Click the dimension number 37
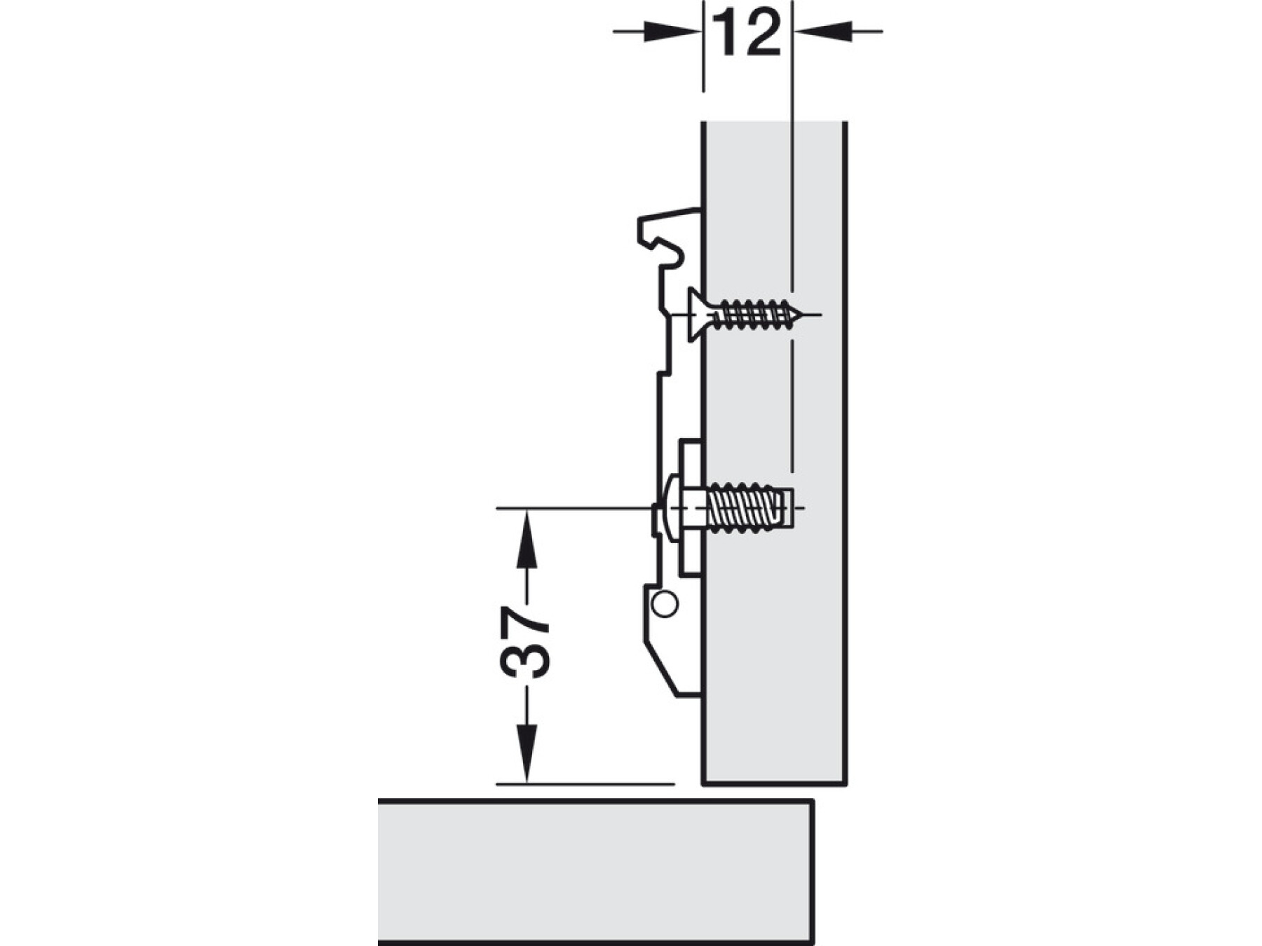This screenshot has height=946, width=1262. [x=524, y=642]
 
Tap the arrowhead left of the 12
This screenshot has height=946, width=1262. [x=673, y=32]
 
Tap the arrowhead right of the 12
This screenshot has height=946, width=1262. [x=822, y=32]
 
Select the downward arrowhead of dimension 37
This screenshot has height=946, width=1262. [x=527, y=754]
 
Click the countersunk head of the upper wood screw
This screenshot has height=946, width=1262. [x=698, y=315]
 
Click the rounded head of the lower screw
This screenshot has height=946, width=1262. [x=672, y=508]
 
